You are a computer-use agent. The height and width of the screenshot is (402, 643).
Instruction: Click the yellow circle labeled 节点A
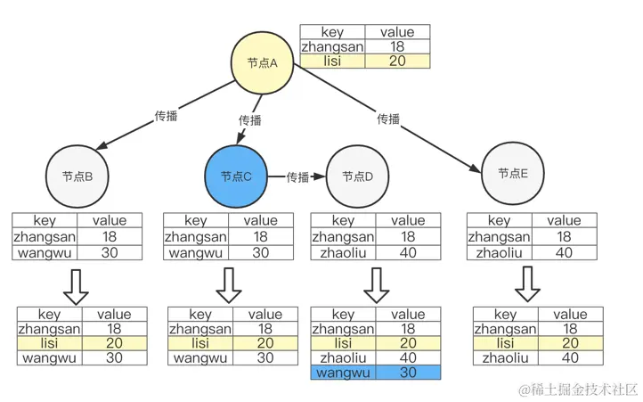click(263, 62)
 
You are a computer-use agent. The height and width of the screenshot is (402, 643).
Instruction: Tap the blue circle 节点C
click(236, 176)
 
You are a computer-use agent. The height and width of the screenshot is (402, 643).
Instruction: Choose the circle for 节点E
click(512, 173)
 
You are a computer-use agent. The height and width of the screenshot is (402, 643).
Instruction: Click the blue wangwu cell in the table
click(343, 372)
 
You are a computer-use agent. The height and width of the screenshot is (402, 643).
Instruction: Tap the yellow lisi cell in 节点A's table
click(332, 62)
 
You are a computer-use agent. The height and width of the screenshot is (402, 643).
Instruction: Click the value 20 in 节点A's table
click(397, 62)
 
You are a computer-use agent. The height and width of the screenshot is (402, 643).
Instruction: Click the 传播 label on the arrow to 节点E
click(388, 119)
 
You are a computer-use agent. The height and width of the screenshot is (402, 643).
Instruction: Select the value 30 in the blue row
click(408, 372)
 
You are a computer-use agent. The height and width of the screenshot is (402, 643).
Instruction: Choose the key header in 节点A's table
click(332, 32)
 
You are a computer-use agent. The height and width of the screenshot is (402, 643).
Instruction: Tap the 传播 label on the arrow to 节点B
click(166, 116)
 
